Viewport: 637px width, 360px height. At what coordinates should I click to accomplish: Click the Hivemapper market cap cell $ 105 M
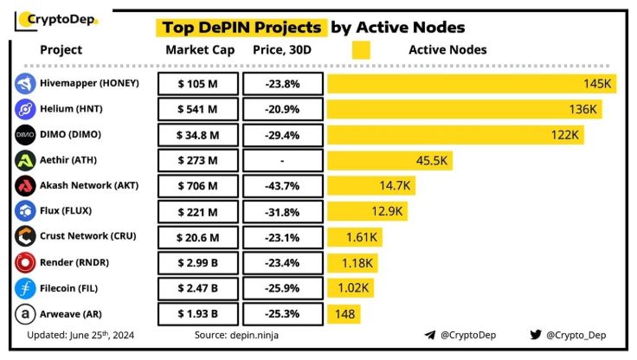click(196, 84)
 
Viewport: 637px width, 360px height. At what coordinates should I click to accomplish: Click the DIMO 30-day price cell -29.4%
click(282, 135)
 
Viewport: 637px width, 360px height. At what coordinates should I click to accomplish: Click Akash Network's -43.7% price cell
click(282, 185)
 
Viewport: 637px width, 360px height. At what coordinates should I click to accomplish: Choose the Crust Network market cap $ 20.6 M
click(196, 235)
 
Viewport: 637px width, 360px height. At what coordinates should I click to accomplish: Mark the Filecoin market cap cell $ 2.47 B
click(196, 286)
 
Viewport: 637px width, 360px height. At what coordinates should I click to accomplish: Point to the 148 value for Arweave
click(345, 312)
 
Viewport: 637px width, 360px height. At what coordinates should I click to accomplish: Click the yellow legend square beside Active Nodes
click(361, 50)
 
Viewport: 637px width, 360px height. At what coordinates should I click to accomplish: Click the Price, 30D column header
click(282, 50)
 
